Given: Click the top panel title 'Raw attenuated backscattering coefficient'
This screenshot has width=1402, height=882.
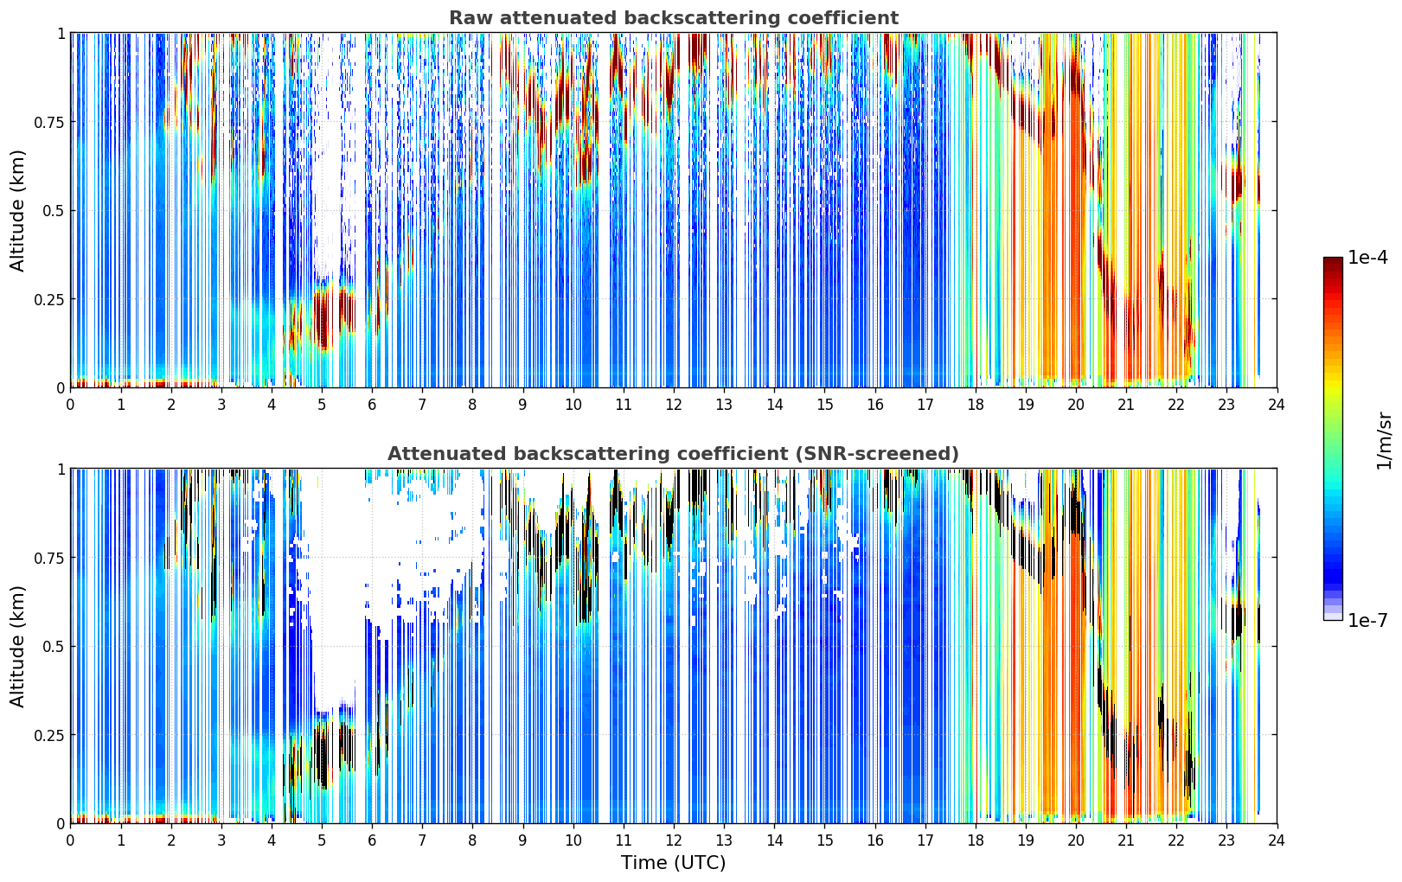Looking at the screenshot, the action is [674, 17].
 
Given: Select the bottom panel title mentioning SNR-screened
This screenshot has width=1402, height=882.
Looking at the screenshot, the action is [674, 453].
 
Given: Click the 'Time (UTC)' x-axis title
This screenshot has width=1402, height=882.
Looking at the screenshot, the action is [674, 863].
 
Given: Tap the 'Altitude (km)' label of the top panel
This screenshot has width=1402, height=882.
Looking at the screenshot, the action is [17, 210].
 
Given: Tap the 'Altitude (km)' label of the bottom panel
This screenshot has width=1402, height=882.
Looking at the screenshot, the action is [17, 646].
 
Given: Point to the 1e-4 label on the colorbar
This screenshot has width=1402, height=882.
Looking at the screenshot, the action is [1367, 257].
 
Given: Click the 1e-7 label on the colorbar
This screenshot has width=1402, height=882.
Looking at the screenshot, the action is [1367, 621].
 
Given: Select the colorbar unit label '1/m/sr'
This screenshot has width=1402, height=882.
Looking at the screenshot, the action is [1384, 440].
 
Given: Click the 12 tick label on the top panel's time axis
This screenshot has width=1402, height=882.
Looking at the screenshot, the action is [674, 405].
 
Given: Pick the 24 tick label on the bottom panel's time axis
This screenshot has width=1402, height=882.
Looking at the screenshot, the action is [1277, 840].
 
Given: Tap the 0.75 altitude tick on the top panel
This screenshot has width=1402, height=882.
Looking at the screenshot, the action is [48, 122].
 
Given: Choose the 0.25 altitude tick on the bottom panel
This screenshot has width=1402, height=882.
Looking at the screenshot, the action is [48, 735].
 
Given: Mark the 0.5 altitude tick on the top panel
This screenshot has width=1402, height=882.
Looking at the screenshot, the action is [53, 211].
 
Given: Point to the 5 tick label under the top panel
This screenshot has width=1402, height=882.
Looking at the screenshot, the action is [322, 405].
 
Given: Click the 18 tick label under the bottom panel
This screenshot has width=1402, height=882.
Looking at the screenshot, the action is [975, 840].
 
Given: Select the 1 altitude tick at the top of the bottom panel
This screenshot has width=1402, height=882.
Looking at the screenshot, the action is [61, 470].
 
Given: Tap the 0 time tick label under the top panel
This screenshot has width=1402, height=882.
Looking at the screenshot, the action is [70, 405].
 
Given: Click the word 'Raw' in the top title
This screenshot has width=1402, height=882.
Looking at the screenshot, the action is [471, 17].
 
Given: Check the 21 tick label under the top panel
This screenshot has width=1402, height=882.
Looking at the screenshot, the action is [1126, 405].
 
